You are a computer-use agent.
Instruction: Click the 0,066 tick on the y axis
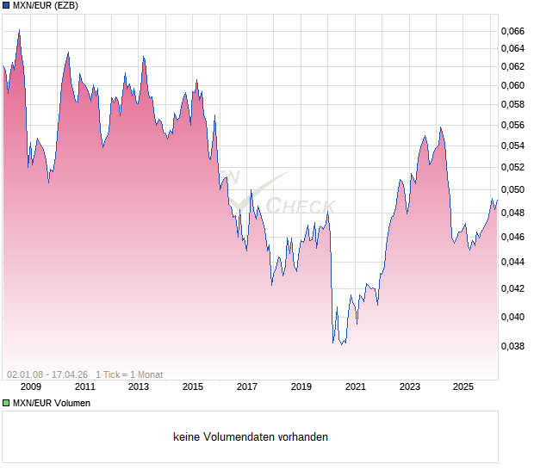(x=512, y=31)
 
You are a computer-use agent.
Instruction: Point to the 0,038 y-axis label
(x=512, y=347)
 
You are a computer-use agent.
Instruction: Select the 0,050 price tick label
(x=512, y=189)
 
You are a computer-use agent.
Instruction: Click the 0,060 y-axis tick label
(x=512, y=85)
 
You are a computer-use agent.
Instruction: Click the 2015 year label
(x=193, y=387)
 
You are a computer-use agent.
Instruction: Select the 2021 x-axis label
(x=355, y=387)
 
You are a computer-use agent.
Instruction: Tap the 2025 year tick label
(x=463, y=387)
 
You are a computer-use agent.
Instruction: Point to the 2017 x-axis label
(x=247, y=387)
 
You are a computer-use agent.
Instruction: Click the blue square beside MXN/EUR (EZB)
(x=6, y=6)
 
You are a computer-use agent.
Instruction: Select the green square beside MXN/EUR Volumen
(x=6, y=403)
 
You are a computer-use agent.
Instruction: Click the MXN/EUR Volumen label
(x=51, y=403)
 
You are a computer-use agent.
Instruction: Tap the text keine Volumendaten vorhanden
(x=251, y=437)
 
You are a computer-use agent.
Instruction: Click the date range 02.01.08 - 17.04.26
(x=47, y=374)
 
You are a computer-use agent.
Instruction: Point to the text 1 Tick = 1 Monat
(x=129, y=374)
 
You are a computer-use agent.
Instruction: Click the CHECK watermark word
(x=299, y=206)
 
